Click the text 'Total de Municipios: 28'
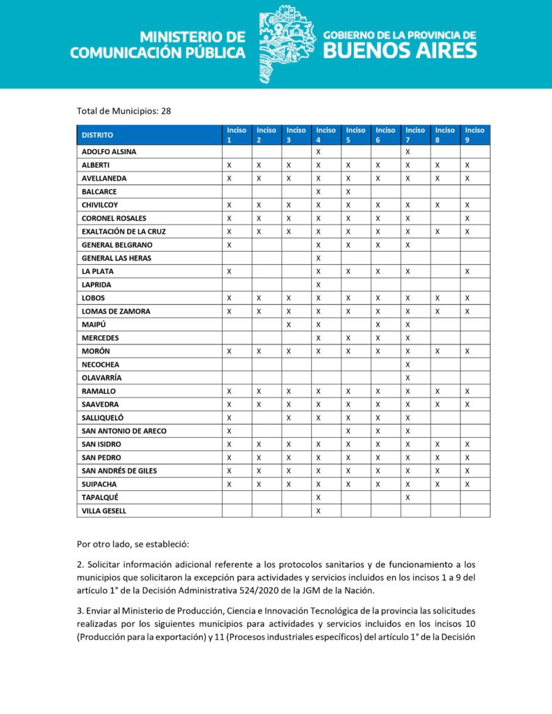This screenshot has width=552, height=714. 124,110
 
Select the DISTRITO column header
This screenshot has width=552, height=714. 97,135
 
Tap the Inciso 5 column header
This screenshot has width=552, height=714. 355,135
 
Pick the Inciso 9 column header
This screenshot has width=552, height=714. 475,135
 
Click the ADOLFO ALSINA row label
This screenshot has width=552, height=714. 109,151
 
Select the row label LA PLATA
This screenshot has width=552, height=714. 97,271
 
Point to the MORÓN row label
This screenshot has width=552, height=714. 96,351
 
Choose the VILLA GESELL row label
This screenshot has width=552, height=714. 104,511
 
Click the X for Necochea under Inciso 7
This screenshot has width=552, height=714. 408,365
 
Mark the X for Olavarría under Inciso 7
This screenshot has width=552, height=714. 408,378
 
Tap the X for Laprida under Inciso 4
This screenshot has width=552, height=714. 318,284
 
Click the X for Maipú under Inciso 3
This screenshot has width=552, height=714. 288,325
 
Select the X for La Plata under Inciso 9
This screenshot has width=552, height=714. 468,271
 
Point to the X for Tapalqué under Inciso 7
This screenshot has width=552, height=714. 408,497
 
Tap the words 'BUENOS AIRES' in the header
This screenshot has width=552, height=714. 401,50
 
